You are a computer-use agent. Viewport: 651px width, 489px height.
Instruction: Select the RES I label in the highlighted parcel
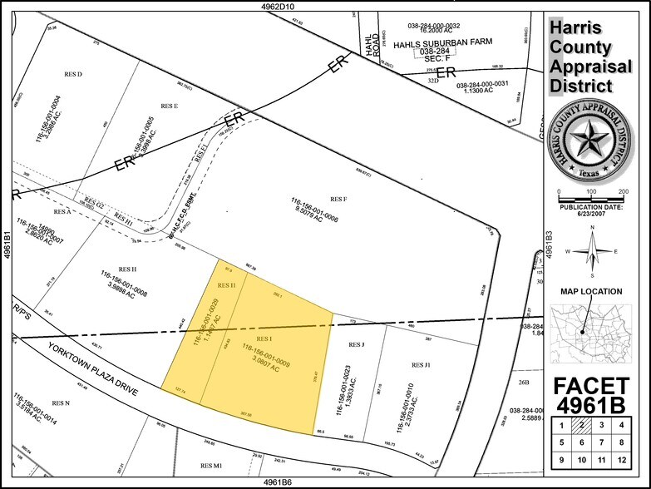(264, 338)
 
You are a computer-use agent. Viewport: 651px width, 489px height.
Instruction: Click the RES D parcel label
(73, 74)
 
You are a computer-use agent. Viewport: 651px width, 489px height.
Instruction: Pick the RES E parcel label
(170, 106)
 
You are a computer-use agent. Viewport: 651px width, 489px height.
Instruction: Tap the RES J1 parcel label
(421, 364)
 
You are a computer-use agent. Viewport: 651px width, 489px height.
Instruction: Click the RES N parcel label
(61, 403)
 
